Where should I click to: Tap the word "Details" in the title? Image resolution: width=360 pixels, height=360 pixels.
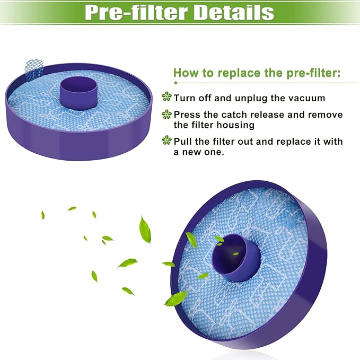click(x=235, y=12)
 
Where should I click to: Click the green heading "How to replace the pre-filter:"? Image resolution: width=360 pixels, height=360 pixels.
click(x=257, y=73)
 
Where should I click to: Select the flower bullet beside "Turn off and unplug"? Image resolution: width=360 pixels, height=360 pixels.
click(x=167, y=97)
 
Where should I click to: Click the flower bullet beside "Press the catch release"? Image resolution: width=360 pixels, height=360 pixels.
click(x=167, y=114)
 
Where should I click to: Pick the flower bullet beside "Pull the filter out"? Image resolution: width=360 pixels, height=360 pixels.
click(x=167, y=141)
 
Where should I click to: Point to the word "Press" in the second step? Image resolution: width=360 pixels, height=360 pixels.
click(x=187, y=115)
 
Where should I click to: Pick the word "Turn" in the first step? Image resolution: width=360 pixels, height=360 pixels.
click(x=185, y=98)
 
